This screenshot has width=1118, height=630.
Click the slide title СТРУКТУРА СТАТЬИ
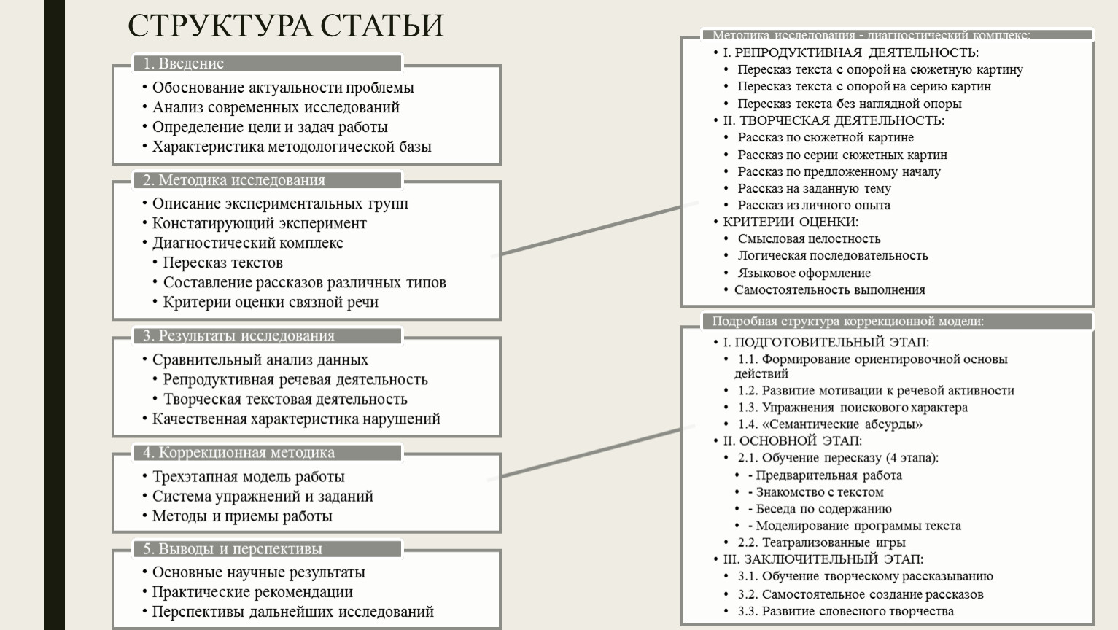pos(285,26)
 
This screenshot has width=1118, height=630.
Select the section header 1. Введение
pos(184,63)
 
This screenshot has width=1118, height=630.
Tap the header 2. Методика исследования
pos(234,180)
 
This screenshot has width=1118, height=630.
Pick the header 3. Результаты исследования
pos(238,335)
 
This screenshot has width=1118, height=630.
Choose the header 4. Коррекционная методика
pos(238,452)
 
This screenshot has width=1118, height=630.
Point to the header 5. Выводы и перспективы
pos(232,549)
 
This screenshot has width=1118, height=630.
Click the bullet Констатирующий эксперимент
pos(259,223)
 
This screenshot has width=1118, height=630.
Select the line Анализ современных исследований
pos(276,107)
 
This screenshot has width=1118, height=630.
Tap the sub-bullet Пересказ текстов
pos(222,262)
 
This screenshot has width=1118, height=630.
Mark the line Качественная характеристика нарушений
pos(296,419)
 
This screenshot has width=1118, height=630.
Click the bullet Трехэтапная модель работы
pos(248,477)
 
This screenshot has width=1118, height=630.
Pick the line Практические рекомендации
pos(252,592)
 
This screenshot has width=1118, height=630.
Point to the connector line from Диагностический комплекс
pos(594,229)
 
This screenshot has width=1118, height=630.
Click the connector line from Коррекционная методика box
pos(591,452)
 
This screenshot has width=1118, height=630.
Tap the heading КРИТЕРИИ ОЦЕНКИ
pos(791,222)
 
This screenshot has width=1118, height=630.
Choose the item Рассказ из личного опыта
pos(814,205)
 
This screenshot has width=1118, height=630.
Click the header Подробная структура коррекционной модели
pos(847,321)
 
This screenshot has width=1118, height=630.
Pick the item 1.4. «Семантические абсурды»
pos(830,424)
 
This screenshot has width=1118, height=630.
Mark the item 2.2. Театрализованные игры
pos(821,542)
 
